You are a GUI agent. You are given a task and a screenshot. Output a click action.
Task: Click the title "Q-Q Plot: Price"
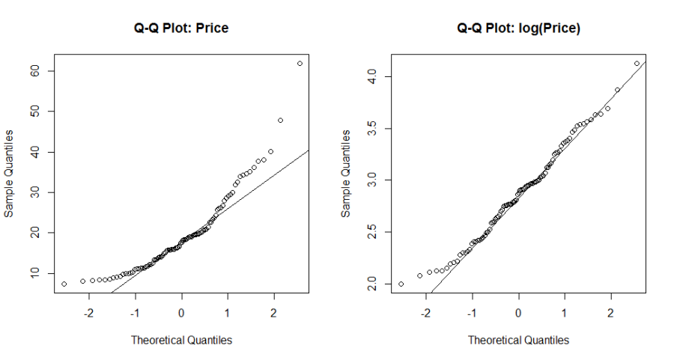181,28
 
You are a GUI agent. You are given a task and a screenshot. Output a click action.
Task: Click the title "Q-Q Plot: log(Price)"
518,28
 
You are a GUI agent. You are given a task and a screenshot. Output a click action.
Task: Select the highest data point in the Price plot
300,64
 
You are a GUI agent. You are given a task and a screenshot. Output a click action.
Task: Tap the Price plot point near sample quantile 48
280,120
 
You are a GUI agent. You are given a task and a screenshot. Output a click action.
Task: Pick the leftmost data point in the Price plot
64,284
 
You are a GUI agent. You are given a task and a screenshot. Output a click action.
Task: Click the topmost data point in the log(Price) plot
637,64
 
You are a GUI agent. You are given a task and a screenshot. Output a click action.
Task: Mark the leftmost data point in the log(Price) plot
401,284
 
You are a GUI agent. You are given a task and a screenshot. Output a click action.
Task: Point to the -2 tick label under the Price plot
88,312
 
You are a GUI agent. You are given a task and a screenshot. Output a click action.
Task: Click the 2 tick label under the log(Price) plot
611,312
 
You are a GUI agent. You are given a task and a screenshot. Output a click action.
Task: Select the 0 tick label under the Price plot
181,312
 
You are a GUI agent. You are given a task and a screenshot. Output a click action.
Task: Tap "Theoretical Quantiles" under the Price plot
181,340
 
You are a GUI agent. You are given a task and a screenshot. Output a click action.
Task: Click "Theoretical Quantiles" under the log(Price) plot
518,340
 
